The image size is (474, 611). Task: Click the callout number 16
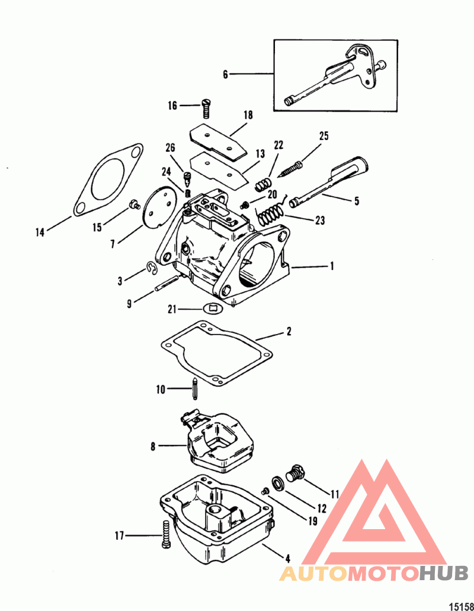pyautogui.click(x=172, y=106)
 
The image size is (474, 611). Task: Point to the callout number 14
pyautogui.click(x=40, y=233)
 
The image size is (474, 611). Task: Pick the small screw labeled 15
pyautogui.click(x=134, y=204)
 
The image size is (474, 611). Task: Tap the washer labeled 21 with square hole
pyautogui.click(x=213, y=308)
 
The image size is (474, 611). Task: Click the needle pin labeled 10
pyautogui.click(x=194, y=388)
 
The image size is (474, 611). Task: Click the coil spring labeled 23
pyautogui.click(x=270, y=214)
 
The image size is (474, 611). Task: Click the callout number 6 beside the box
pyautogui.click(x=225, y=74)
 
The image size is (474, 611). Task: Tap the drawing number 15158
pyautogui.click(x=462, y=606)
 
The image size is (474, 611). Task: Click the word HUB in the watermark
pyautogui.click(x=444, y=573)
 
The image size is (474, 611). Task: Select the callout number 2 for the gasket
pyautogui.click(x=289, y=332)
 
